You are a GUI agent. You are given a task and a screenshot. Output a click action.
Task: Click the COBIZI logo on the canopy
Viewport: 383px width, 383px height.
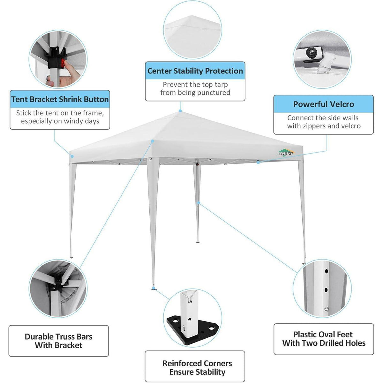(x=286, y=153)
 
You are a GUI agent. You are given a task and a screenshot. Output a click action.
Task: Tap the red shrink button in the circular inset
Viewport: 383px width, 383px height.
(x=63, y=63)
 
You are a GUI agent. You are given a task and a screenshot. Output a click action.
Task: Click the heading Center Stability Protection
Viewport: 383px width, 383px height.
(x=195, y=71)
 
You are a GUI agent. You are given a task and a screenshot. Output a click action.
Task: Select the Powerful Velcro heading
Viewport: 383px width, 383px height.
(x=324, y=104)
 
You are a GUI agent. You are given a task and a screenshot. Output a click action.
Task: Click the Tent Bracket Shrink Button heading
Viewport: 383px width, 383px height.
(x=60, y=99)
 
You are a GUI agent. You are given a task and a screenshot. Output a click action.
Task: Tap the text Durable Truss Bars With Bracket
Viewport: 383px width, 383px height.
(x=58, y=341)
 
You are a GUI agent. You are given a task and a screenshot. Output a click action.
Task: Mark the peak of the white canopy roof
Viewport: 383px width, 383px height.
(x=180, y=112)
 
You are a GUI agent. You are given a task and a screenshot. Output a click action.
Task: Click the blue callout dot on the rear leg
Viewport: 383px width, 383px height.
(x=198, y=203)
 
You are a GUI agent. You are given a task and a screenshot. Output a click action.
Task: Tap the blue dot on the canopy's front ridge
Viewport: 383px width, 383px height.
(x=153, y=141)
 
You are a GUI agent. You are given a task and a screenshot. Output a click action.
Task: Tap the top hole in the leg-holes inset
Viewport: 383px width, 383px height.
(x=326, y=271)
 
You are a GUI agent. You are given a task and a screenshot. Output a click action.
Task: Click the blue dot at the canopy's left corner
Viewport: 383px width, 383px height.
(x=72, y=156)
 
